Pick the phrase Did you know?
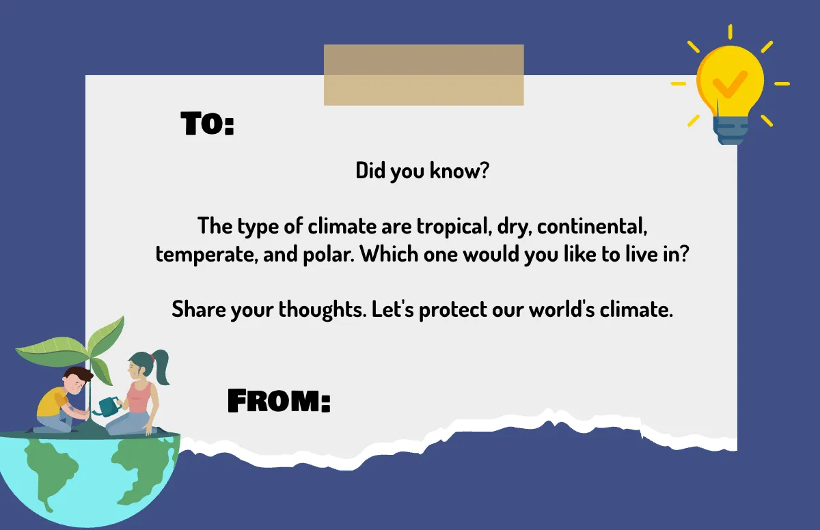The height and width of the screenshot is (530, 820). pos(422,171)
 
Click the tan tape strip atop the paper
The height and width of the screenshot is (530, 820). pos(424,74)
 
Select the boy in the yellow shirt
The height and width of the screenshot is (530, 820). pos(59,400)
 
